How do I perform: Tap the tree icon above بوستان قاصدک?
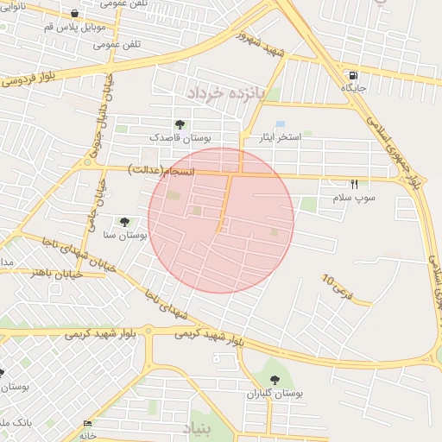(x=180, y=125)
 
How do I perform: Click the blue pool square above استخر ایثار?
(x=280, y=124)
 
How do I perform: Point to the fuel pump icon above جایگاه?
(x=353, y=75)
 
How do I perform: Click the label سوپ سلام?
(x=354, y=198)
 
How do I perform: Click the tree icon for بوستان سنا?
(x=125, y=222)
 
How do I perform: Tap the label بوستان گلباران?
(x=275, y=393)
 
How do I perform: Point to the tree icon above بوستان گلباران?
(x=275, y=380)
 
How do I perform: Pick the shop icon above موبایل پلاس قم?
(x=75, y=14)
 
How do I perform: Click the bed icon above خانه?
(x=87, y=423)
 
